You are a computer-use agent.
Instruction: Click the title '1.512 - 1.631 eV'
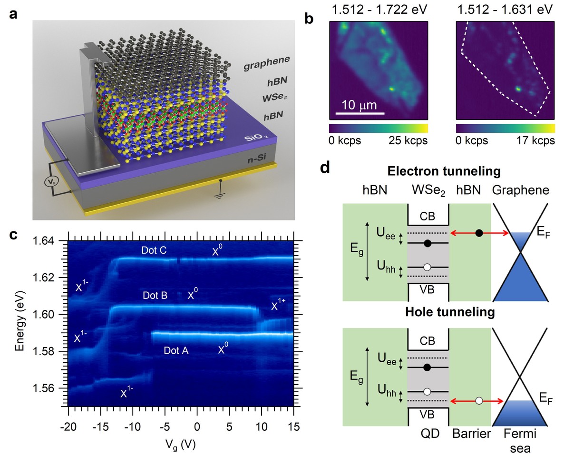pos(505,9)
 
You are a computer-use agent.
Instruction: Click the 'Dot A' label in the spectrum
pos(176,351)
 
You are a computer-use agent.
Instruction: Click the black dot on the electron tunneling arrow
pos(479,233)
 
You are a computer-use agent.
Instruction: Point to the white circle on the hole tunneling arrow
pos(479,401)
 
